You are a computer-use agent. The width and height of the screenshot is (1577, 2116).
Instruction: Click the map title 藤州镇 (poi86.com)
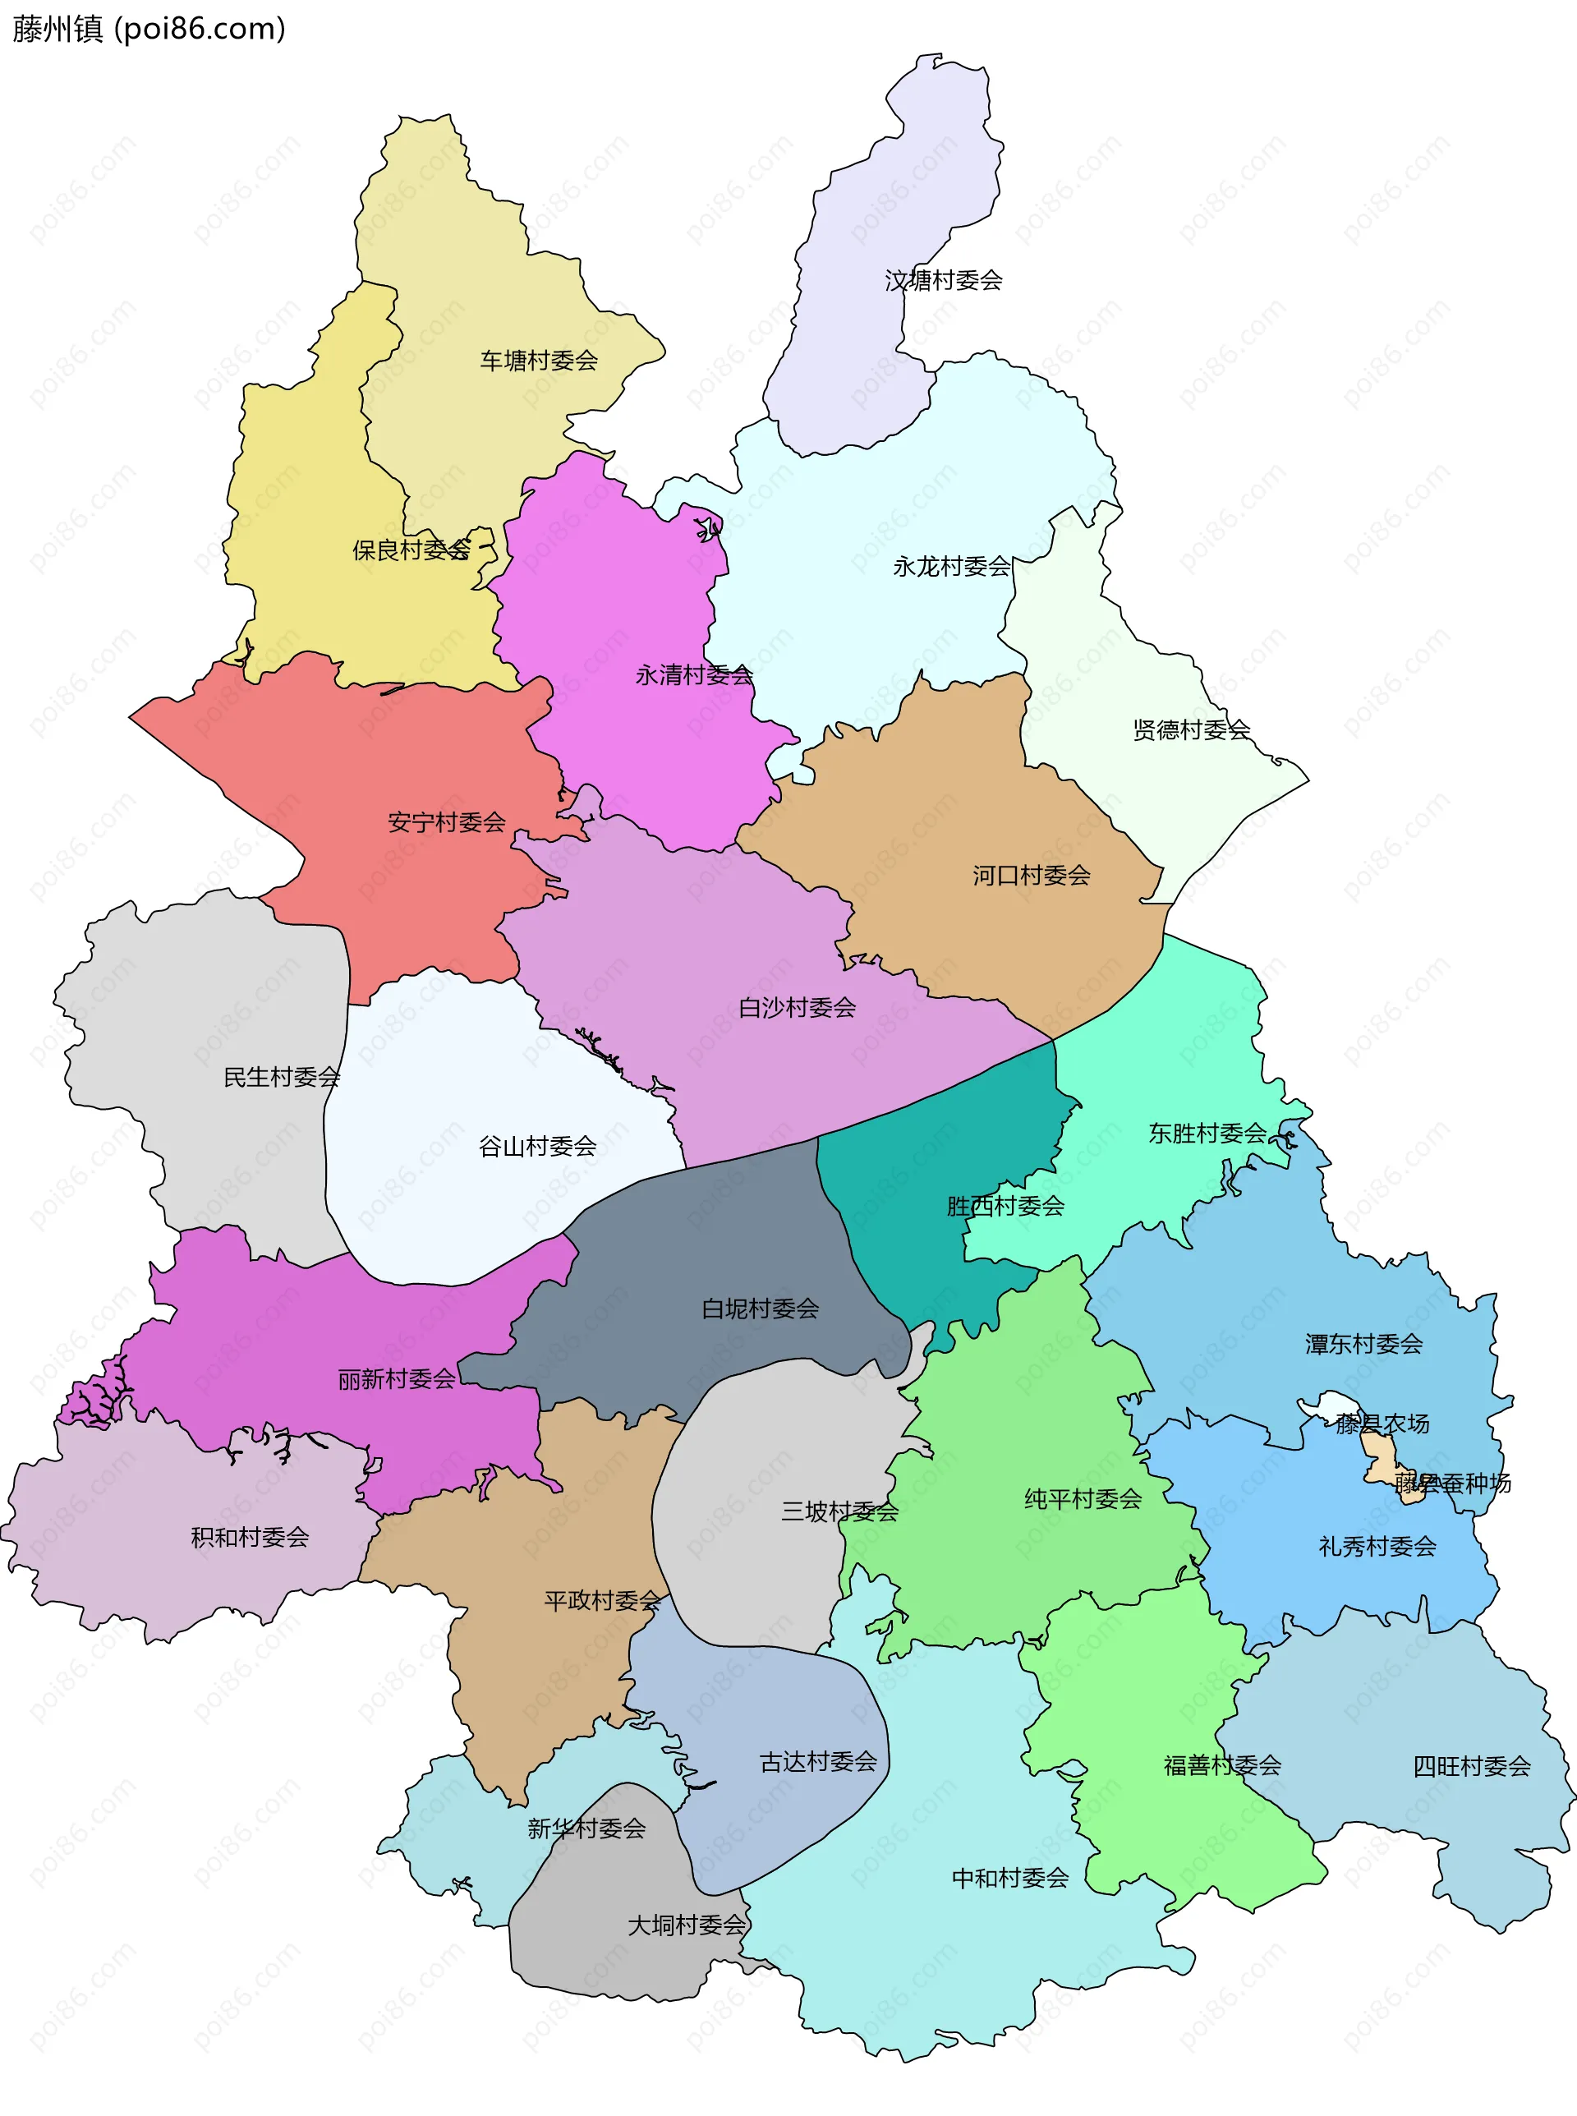[149, 29]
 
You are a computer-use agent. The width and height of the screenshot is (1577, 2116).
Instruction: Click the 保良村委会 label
[411, 550]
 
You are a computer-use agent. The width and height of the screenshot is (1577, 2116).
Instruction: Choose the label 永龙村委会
[952, 567]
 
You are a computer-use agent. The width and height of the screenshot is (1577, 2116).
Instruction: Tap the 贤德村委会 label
[1191, 730]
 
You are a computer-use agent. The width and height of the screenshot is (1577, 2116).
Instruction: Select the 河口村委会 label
[1031, 875]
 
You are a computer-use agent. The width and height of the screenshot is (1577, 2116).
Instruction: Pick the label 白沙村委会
[797, 1008]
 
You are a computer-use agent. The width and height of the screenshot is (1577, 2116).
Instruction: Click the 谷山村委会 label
[536, 1146]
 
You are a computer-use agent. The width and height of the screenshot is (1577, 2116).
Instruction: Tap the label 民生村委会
[282, 1078]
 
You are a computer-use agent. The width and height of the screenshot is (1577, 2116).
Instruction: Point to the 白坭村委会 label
[760, 1309]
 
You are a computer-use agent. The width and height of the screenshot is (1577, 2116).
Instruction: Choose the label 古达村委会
[818, 1762]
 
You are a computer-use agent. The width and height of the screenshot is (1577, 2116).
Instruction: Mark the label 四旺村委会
[1471, 1767]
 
